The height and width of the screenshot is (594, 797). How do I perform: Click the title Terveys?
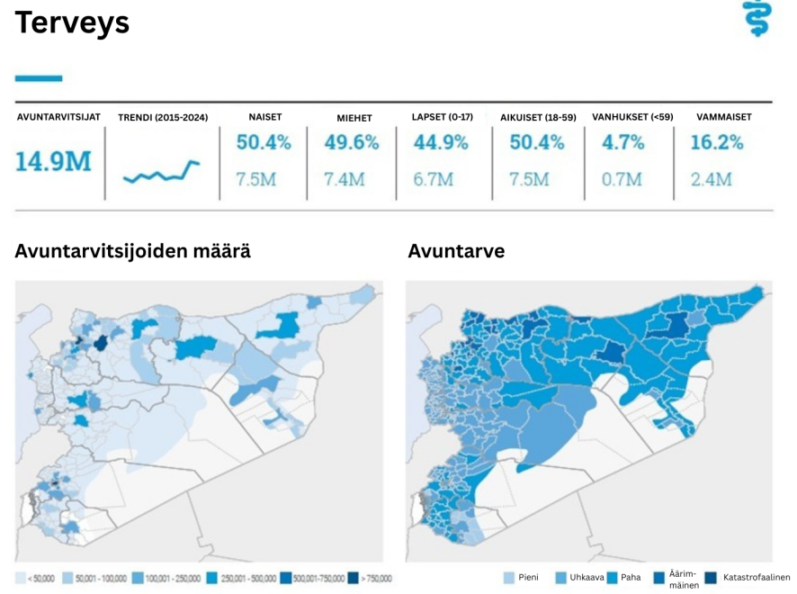[72, 23]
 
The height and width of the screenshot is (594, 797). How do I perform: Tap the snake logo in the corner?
[757, 19]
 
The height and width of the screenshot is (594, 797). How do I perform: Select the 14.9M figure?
[53, 162]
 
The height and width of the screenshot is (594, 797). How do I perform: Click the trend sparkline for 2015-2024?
[161, 171]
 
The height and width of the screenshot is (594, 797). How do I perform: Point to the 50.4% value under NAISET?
[264, 142]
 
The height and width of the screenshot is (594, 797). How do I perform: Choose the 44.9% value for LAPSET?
[441, 142]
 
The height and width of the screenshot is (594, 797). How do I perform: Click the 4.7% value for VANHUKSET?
[623, 142]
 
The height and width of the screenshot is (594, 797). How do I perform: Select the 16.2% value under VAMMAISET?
[717, 142]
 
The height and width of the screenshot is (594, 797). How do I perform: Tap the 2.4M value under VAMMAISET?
[711, 179]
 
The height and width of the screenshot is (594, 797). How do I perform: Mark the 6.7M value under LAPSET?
[433, 179]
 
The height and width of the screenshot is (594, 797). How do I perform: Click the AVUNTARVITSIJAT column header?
[58, 117]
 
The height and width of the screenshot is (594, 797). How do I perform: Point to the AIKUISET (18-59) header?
[538, 118]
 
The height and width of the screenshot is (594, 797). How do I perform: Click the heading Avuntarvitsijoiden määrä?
[132, 251]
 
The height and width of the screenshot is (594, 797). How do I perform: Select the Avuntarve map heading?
[456, 251]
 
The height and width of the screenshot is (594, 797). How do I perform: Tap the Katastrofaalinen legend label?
[756, 577]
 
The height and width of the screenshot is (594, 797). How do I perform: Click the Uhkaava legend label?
[587, 577]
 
